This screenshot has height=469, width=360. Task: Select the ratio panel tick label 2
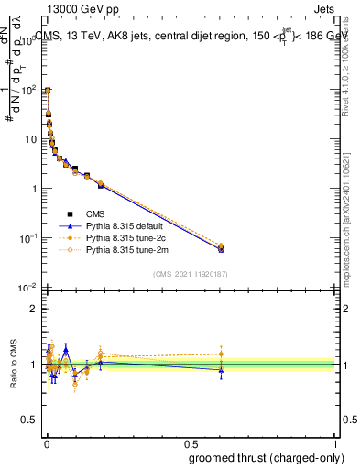(34, 309)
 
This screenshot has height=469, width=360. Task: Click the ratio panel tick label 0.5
(30, 422)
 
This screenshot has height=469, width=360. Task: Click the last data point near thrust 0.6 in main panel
(221, 248)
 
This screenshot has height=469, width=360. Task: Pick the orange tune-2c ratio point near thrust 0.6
(221, 354)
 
